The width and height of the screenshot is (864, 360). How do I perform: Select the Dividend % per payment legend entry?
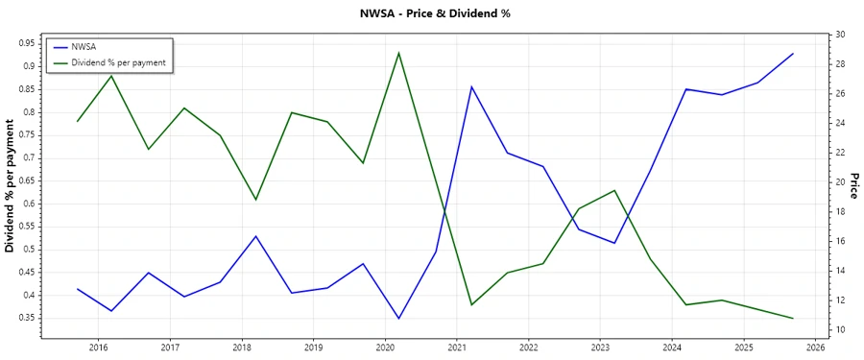click(118, 61)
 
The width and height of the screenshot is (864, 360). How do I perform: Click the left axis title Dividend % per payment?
click(11, 186)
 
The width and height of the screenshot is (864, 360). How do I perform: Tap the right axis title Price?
click(853, 186)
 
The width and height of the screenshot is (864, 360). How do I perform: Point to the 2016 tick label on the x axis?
click(99, 348)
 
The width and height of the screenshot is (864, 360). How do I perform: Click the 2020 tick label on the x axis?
click(385, 348)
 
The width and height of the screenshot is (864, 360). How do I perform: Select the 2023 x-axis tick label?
click(600, 348)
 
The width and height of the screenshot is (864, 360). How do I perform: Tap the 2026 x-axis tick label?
click(815, 348)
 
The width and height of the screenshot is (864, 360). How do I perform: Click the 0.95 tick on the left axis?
click(26, 43)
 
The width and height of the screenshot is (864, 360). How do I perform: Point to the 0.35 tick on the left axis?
click(26, 318)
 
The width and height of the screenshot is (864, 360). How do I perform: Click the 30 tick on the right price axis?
click(840, 35)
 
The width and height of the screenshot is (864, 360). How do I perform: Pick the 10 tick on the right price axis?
click(840, 330)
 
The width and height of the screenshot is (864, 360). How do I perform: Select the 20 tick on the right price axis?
click(840, 182)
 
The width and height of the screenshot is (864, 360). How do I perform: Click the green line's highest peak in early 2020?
click(398, 53)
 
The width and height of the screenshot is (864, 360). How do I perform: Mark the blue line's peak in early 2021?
click(471, 86)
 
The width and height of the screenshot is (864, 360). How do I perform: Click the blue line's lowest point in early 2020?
click(398, 318)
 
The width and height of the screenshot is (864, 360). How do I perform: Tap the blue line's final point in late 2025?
click(793, 54)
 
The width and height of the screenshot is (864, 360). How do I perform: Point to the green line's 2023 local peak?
click(614, 190)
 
